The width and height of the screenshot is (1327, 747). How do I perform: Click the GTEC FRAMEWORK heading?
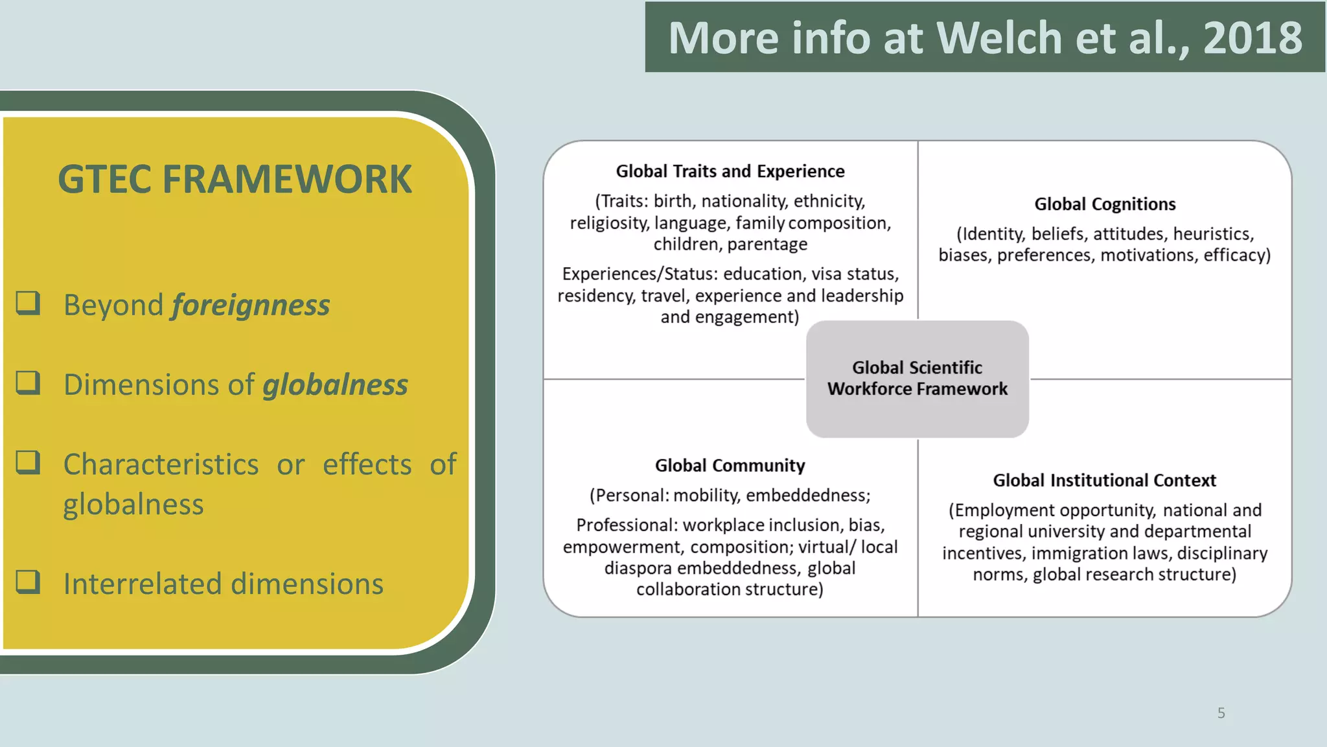(x=235, y=179)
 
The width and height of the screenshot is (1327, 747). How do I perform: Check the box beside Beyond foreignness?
(x=29, y=303)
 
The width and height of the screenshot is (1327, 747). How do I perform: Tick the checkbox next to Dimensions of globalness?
(x=29, y=383)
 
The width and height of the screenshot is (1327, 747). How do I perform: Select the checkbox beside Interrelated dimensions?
(x=29, y=582)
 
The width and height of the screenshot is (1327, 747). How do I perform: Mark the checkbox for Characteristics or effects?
(x=29, y=462)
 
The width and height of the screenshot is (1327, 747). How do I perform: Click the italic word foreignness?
(x=251, y=305)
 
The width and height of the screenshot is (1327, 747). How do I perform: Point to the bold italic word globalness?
(x=335, y=385)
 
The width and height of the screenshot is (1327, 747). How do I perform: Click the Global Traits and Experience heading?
(x=730, y=171)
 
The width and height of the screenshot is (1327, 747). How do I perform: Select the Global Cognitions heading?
(x=1105, y=204)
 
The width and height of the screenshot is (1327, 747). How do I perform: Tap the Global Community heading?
(x=730, y=466)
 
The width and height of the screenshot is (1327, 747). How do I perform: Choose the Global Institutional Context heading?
(x=1104, y=480)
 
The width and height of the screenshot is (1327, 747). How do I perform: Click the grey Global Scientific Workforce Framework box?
(x=917, y=379)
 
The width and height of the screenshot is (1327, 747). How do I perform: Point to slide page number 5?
(x=1221, y=713)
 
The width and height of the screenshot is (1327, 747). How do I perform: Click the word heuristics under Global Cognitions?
(x=1212, y=234)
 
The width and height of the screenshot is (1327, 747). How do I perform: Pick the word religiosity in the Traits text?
(x=609, y=223)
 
